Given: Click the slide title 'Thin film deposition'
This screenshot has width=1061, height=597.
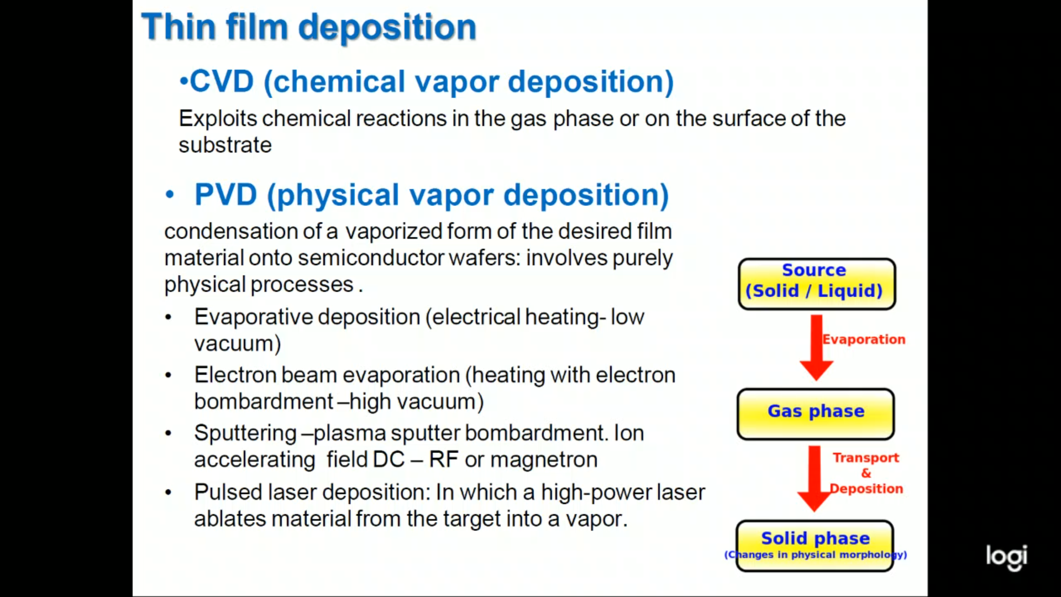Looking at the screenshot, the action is point(309,27).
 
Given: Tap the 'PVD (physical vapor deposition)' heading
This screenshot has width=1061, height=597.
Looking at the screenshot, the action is point(432,195).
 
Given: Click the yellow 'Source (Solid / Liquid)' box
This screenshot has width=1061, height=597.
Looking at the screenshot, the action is point(817,284).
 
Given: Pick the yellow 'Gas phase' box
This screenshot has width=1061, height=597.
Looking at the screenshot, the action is point(816,414).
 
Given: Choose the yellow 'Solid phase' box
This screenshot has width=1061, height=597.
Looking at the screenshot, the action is point(815,546).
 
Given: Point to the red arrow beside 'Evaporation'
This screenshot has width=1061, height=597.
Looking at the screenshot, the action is point(817,348).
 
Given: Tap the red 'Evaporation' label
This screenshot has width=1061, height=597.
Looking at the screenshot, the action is point(864,339).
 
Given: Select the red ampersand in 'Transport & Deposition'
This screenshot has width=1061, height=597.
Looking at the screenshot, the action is point(866,473).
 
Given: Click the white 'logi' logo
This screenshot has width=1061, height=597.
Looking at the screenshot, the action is point(1007,557).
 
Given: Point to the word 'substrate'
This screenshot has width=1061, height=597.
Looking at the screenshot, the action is point(225,145).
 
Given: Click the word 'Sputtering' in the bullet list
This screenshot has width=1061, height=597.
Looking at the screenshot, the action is point(245,433).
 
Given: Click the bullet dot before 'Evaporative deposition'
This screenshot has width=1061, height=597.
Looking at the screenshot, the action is point(169,318).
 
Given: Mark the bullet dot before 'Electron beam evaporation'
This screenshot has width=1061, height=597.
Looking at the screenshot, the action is point(169,376).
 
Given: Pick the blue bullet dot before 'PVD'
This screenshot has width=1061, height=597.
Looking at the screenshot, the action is point(170,195).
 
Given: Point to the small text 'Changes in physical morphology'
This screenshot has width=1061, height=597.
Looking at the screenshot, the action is point(816,554).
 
